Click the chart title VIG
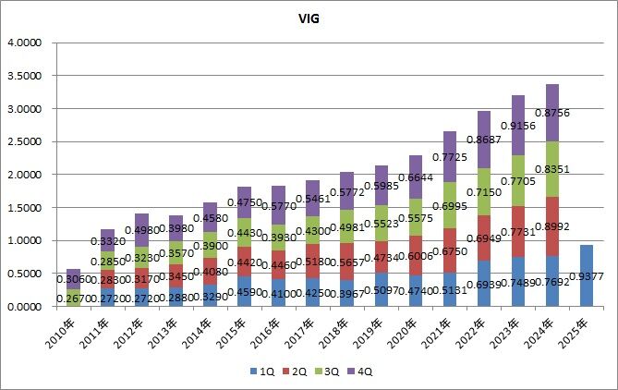[x=309, y=17]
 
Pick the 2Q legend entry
[x=295, y=372]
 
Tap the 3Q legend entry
[x=327, y=372]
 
